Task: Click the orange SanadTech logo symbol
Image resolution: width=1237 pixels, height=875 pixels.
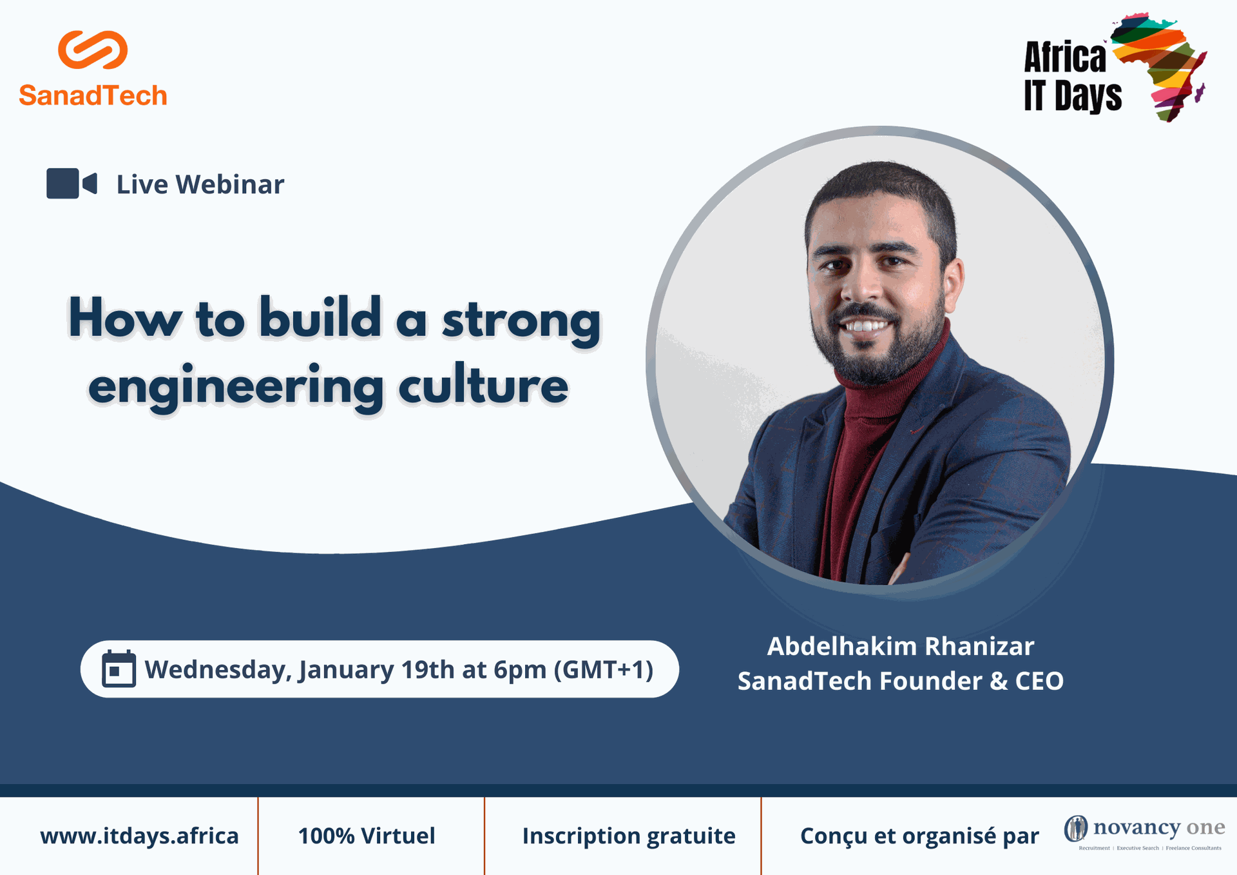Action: tap(93, 50)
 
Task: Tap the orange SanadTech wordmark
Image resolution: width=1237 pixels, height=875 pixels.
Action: tap(93, 95)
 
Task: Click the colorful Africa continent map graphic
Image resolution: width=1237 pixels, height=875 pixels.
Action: tap(1159, 67)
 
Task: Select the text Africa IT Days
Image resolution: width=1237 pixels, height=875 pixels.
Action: tap(1073, 77)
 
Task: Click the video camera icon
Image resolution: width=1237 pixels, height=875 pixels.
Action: tap(72, 184)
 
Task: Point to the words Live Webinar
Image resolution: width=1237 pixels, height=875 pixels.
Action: tap(200, 184)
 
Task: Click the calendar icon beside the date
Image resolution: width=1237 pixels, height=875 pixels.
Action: tap(119, 669)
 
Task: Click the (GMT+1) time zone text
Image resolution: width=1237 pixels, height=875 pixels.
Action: tap(604, 669)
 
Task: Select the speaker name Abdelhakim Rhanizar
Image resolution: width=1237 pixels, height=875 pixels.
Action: tap(901, 646)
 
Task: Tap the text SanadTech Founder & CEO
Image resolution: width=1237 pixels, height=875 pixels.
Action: tap(901, 681)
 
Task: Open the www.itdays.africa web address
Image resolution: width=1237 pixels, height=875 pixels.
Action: tap(139, 836)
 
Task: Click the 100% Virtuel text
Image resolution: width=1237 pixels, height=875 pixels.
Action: tap(367, 836)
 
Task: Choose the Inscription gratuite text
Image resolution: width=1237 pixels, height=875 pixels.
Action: tap(629, 836)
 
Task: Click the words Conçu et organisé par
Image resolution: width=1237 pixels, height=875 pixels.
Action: tap(919, 836)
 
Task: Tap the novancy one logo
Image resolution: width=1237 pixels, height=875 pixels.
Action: tap(1144, 832)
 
